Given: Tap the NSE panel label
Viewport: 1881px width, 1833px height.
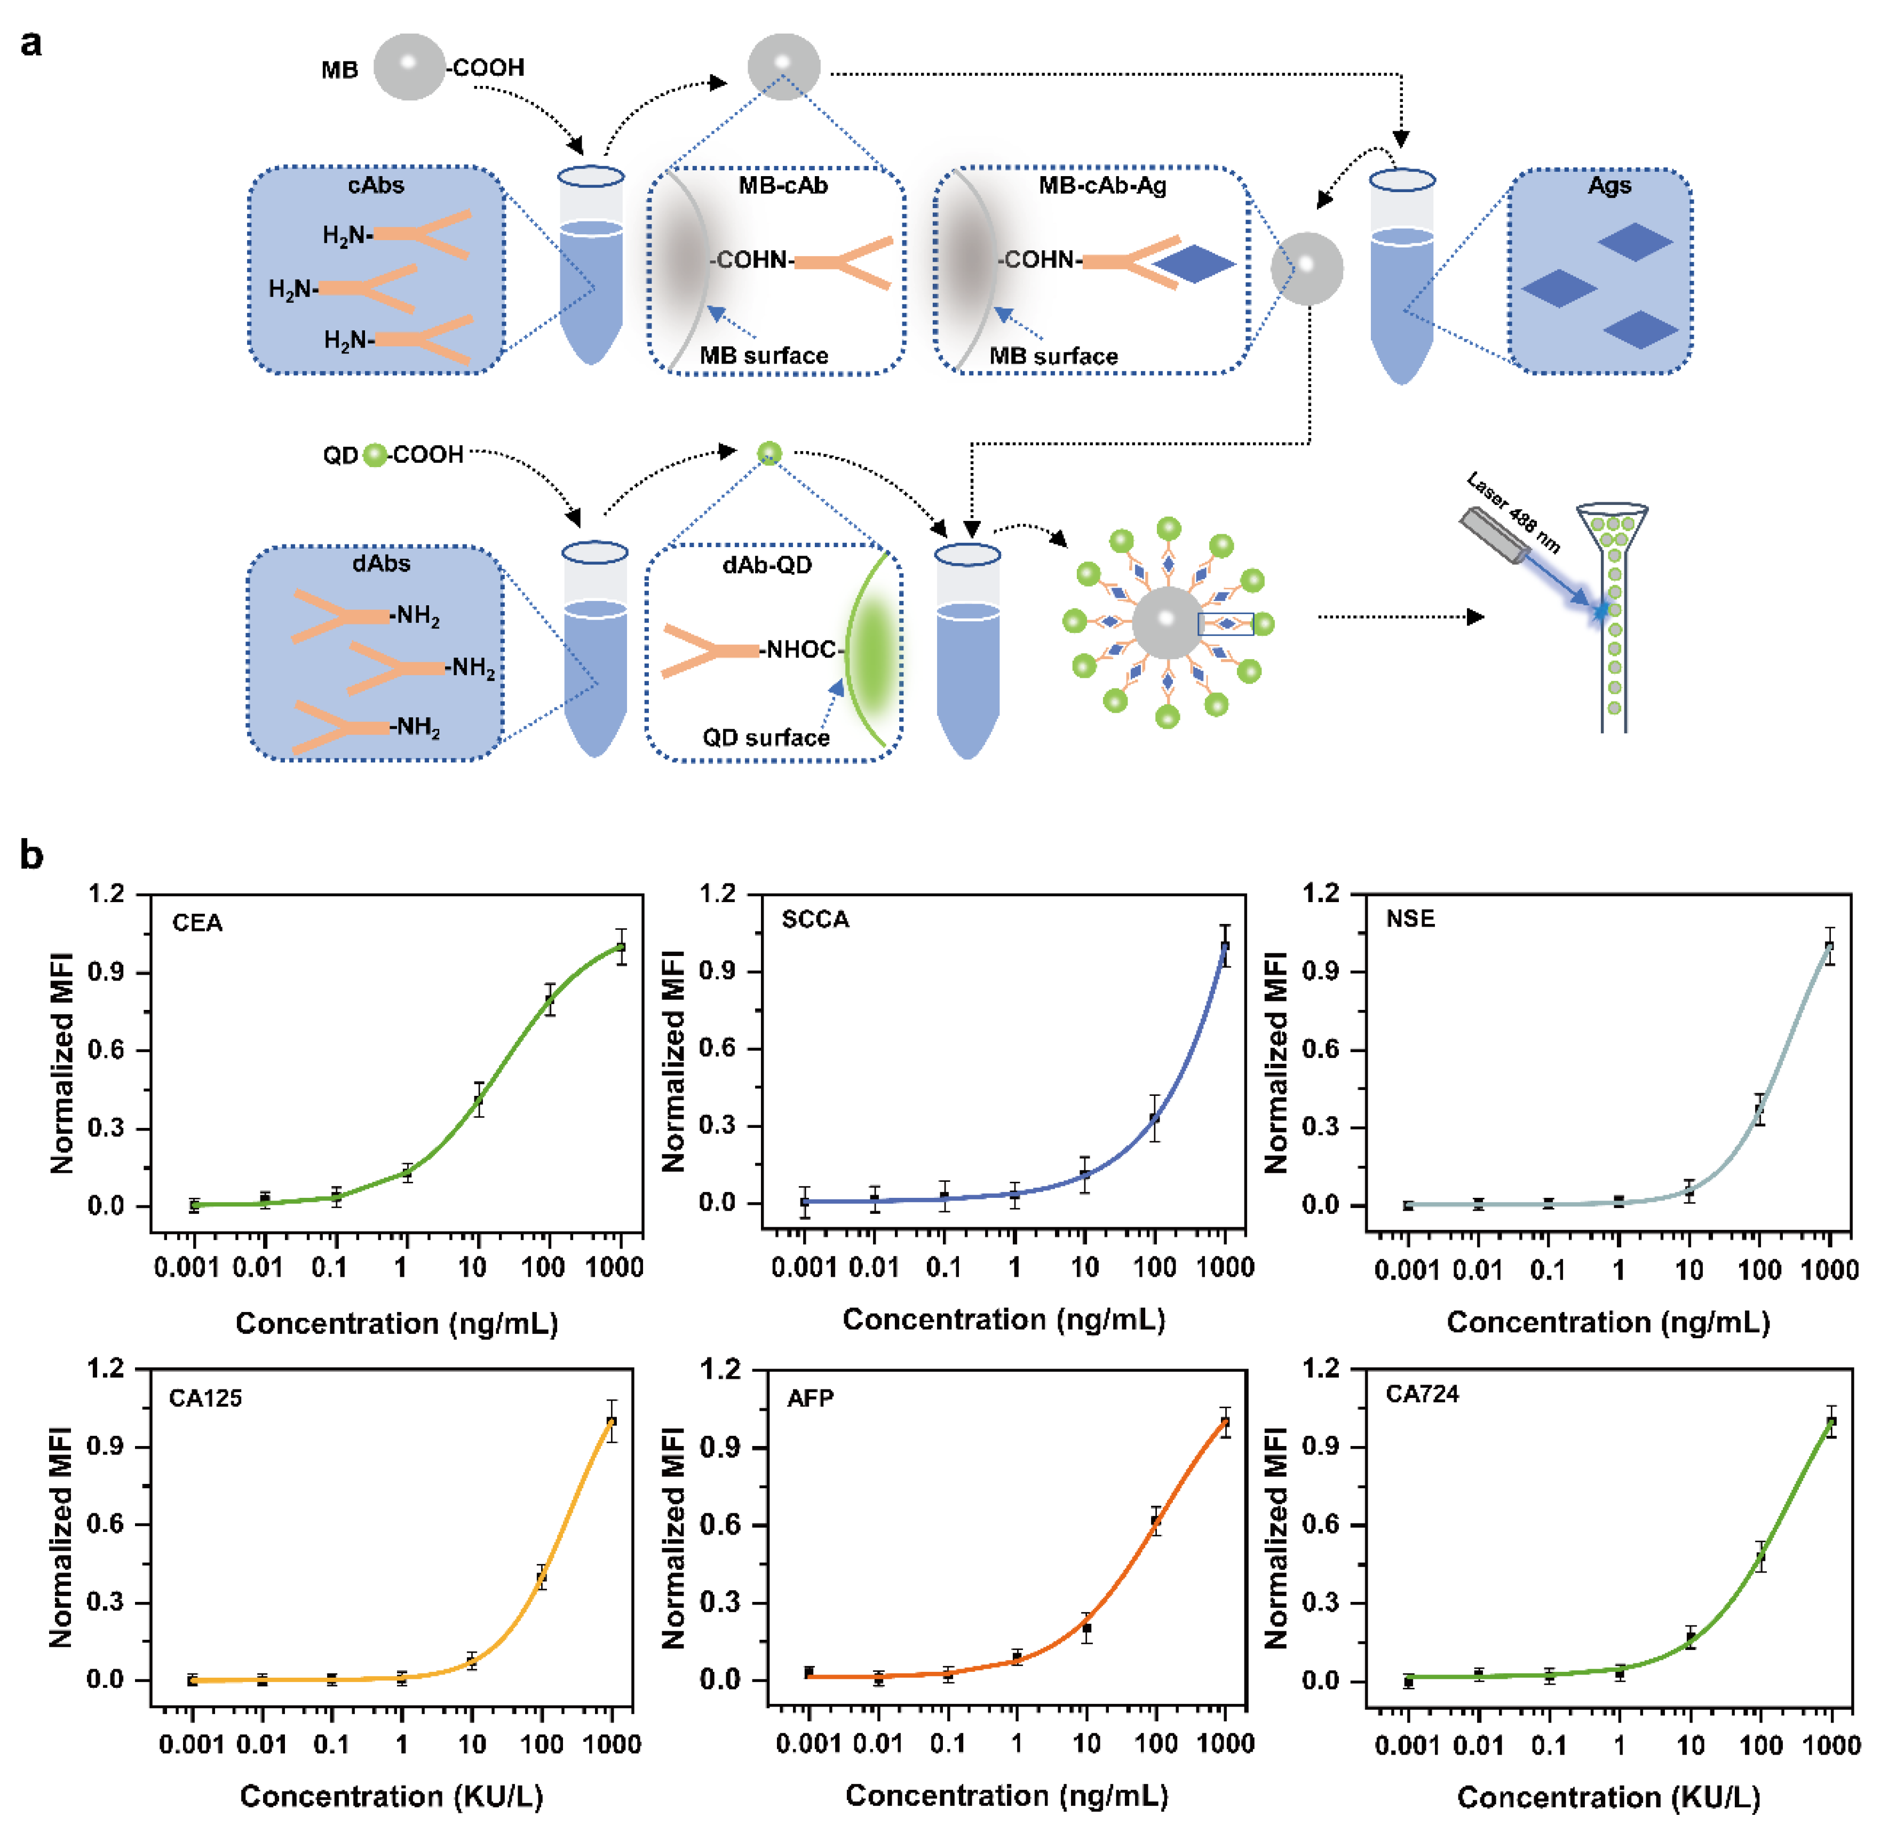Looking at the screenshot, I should (1410, 919).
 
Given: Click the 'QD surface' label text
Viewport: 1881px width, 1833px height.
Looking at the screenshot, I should (766, 738).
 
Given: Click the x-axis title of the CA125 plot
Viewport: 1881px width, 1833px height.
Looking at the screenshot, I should (391, 1796).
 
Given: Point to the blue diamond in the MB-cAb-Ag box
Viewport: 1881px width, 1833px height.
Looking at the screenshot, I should (1194, 263).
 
